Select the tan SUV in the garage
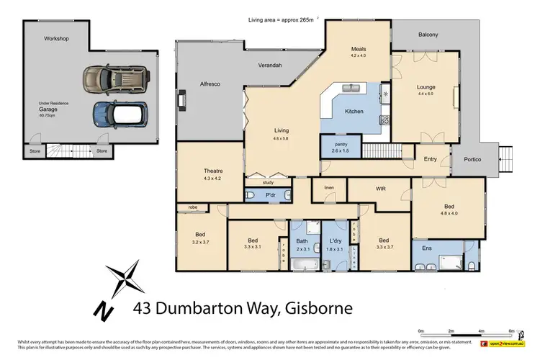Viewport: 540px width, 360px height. (x=114, y=77)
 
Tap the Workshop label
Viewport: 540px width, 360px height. (x=56, y=38)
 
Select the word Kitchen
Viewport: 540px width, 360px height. (x=354, y=112)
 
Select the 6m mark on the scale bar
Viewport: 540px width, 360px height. (x=510, y=332)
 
